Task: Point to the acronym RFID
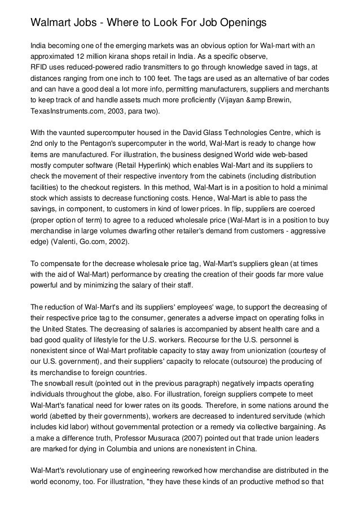(40, 67)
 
